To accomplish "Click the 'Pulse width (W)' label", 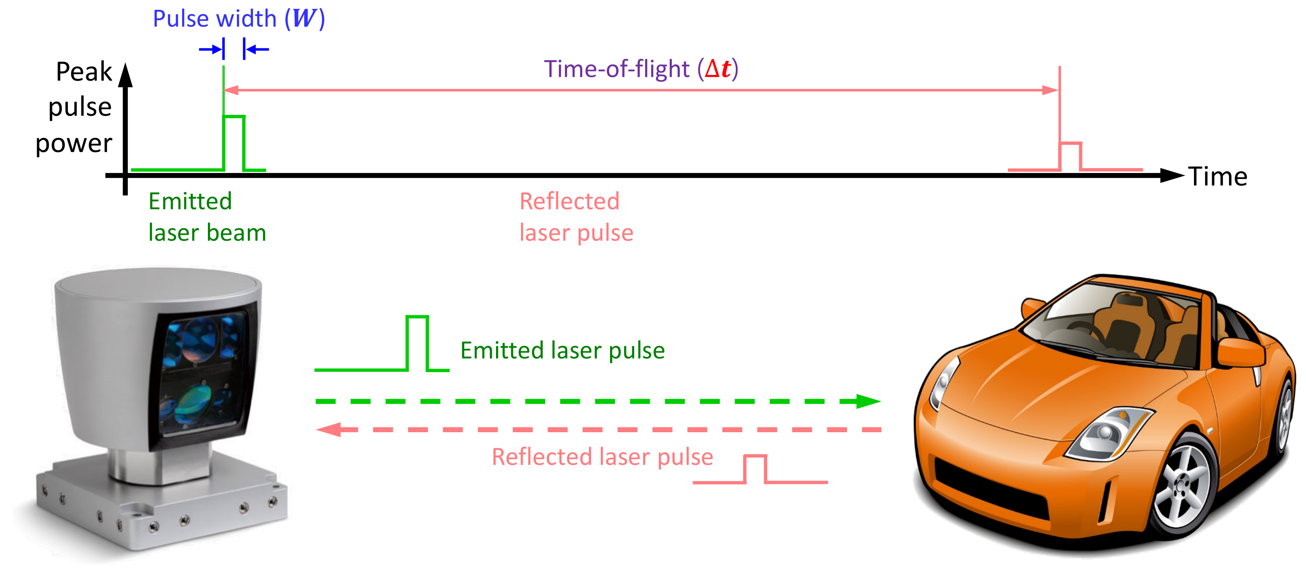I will (238, 19).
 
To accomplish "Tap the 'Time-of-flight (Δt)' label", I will (640, 69).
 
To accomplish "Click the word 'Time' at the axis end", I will (1217, 177).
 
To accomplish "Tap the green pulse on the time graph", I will (234, 142).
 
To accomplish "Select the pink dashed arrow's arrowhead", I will (330, 430).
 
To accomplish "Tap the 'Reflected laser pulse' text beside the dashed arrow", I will (602, 457).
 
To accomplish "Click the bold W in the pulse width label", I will (304, 19).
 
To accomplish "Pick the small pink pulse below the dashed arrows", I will (756, 469).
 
